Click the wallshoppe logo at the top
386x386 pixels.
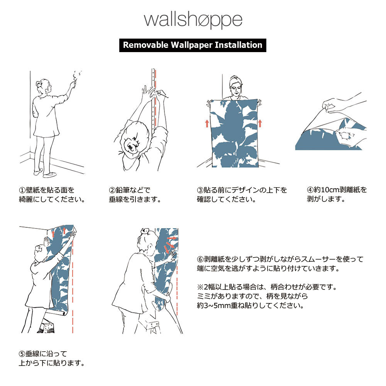coord(193,20)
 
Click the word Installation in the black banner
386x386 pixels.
coord(239,45)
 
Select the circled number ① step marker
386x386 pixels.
coord(22,190)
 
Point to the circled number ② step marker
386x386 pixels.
coord(112,190)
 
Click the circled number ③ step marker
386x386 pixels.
coord(200,190)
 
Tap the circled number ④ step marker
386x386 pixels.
coord(310,190)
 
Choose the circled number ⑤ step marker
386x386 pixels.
coord(22,354)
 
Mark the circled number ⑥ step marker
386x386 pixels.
coord(200,259)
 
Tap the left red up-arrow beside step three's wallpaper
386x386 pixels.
coord(207,124)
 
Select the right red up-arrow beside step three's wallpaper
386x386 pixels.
coord(260,124)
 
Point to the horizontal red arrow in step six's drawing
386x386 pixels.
coord(172,238)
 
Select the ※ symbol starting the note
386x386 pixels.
coord(200,287)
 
